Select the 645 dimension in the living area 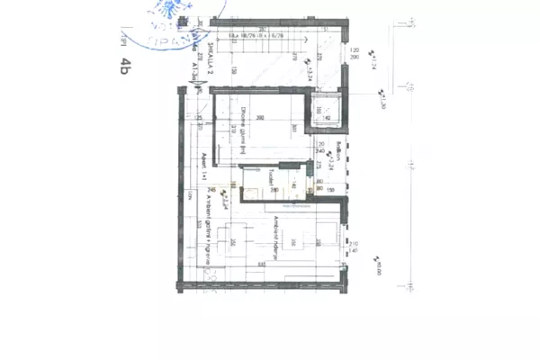pyautogui.click(x=261, y=262)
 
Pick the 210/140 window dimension pyautogui.click(x=354, y=247)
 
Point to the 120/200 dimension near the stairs pyautogui.click(x=354, y=53)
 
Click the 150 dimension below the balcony pyautogui.click(x=330, y=190)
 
